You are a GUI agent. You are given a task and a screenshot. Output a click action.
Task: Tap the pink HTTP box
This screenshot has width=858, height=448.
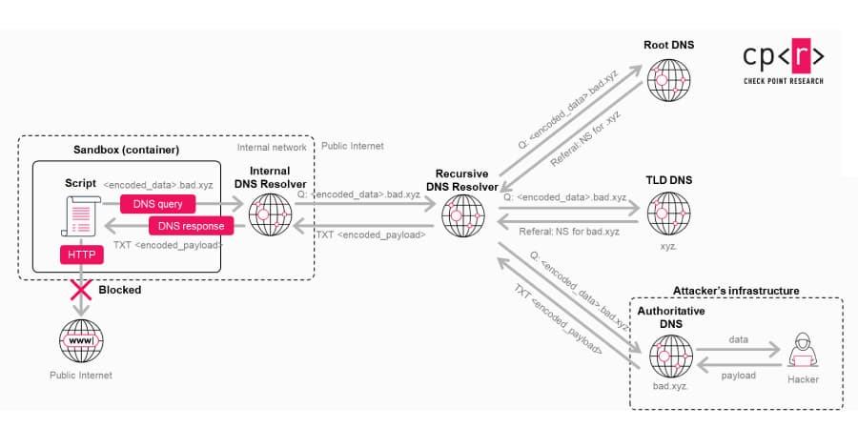[80, 255]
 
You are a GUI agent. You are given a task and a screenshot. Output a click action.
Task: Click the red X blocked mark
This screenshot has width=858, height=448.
[80, 289]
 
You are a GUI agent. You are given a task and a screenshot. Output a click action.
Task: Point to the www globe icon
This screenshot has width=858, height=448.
[81, 340]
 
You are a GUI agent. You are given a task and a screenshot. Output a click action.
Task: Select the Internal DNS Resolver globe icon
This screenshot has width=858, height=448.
[270, 215]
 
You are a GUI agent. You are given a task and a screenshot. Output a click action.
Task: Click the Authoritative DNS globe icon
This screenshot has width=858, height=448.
[670, 356]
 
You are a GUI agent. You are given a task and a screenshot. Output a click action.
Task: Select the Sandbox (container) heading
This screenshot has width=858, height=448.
[126, 151]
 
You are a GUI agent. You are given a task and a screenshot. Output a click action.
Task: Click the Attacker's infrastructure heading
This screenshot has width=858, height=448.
[736, 291]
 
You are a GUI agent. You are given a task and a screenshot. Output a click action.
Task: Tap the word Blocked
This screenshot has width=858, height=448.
[120, 290]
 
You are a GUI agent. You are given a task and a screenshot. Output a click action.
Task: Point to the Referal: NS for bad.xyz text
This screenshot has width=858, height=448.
[569, 232]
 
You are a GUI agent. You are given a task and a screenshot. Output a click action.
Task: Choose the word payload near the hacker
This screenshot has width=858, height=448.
[738, 376]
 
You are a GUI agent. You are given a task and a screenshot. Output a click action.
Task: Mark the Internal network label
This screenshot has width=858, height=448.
[272, 147]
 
